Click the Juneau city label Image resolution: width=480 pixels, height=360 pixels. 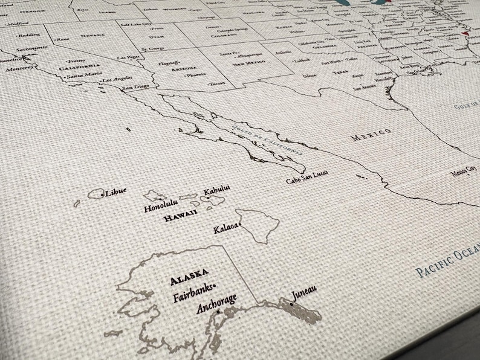tap(304, 294)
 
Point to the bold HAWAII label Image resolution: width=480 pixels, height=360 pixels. tap(181, 217)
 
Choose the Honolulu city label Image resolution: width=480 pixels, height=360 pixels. tap(160, 207)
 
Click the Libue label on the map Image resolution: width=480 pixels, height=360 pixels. tap(115, 192)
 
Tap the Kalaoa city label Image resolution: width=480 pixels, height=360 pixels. tap(225, 230)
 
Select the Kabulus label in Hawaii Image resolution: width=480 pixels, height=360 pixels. tap(217, 189)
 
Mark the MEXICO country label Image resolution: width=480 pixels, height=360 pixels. tap(371, 135)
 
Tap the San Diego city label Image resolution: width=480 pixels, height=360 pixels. tap(136, 88)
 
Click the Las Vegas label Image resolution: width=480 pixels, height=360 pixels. tap(128, 57)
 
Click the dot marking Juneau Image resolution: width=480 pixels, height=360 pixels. tap(291, 304)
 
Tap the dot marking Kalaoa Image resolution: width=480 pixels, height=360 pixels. tap(240, 226)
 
